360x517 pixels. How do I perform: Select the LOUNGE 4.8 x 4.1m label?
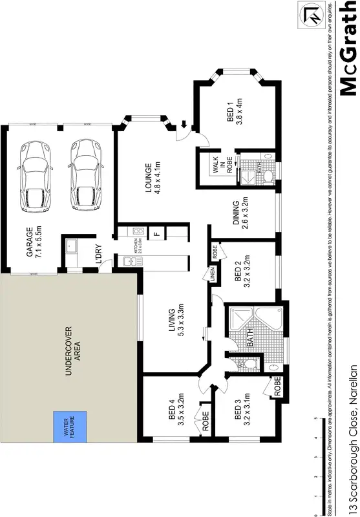[152, 182]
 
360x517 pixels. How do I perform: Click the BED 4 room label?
[169, 405]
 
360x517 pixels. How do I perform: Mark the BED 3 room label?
[242, 406]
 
